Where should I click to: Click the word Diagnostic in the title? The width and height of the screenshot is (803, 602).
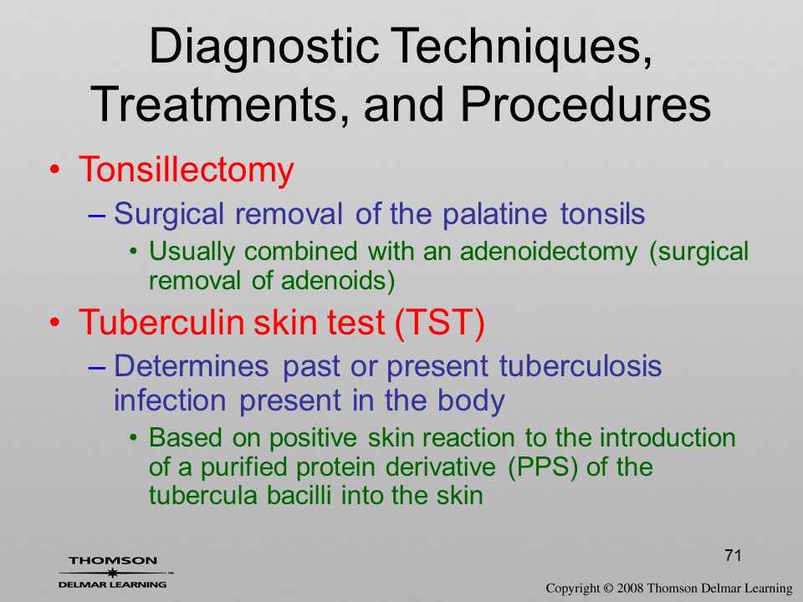pos(263,47)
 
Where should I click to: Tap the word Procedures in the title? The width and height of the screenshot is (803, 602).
pos(586,105)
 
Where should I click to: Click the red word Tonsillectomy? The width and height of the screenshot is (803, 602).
pos(187,171)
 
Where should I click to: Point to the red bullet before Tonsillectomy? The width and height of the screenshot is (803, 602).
pos(55,170)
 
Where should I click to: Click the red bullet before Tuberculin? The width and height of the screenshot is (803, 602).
pos(55,323)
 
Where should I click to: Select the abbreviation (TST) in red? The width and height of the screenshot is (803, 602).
pos(440,323)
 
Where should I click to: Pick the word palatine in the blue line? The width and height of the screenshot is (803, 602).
pos(494,213)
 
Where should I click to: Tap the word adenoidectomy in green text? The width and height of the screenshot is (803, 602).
pos(549,252)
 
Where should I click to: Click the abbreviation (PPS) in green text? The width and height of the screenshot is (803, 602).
pos(543,467)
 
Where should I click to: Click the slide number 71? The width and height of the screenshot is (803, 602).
pos(734,555)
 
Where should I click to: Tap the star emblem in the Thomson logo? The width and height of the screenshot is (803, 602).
pos(111,572)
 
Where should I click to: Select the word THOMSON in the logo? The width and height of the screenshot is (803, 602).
pos(113,560)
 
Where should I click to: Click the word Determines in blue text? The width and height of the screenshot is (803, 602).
pos(191,366)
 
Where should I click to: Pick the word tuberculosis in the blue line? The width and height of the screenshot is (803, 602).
pos(581,366)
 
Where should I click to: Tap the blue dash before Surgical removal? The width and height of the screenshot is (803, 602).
pos(97,216)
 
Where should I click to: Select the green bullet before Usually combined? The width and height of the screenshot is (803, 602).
pos(134,252)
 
